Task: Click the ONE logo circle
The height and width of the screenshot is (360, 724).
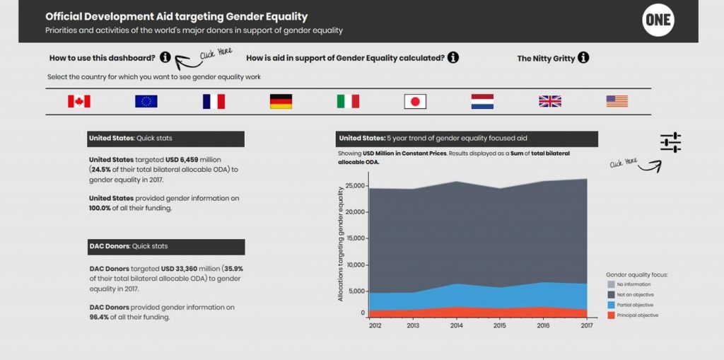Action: click(658, 22)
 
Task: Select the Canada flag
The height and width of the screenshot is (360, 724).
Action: click(79, 102)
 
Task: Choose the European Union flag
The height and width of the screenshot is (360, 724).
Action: click(146, 102)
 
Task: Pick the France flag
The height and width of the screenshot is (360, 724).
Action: click(214, 102)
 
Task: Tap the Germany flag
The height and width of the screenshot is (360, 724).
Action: click(281, 102)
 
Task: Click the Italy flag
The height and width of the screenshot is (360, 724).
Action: click(348, 102)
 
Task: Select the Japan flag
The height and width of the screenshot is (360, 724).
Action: click(415, 102)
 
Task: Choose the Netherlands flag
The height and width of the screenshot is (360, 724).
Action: click(482, 102)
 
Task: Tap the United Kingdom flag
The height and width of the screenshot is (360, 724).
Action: click(549, 102)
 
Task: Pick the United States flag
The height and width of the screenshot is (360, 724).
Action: click(617, 102)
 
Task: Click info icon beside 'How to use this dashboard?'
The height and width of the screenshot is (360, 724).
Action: click(165, 57)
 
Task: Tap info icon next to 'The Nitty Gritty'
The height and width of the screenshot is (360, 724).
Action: click(583, 58)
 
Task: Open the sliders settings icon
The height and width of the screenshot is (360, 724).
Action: click(670, 142)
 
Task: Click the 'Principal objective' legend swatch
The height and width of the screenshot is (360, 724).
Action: click(612, 315)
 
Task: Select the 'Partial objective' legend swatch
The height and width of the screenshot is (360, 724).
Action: click(612, 305)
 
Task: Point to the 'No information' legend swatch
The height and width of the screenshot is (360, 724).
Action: click(612, 284)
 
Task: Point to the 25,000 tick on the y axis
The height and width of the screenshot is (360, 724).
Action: click(355, 186)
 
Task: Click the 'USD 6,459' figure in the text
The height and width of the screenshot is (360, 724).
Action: click(180, 161)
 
